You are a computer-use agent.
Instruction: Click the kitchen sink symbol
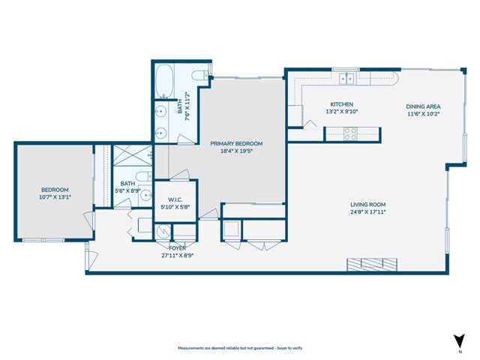346,77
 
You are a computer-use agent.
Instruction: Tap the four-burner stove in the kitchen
350,133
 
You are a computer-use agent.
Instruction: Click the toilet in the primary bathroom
200,76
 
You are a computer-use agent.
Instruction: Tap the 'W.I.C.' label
176,199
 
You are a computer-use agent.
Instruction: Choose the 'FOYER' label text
177,247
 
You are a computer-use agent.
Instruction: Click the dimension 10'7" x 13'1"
55,197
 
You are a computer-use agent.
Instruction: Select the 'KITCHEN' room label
341,104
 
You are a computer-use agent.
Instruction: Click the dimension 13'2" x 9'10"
341,112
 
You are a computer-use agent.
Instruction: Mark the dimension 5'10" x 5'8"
176,207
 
